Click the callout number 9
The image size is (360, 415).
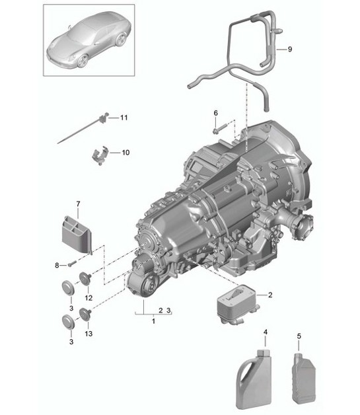(x=289, y=50)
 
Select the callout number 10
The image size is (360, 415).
(x=126, y=152)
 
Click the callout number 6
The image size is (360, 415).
(x=215, y=113)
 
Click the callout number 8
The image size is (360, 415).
(x=57, y=265)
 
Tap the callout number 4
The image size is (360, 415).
(x=266, y=331)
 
